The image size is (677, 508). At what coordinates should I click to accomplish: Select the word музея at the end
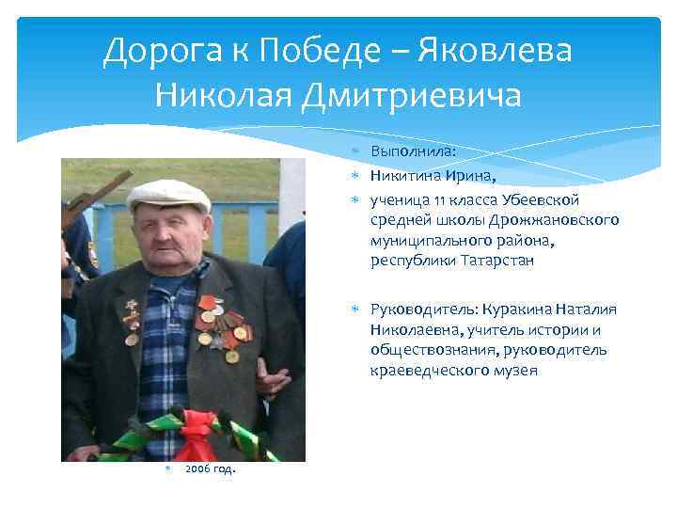point(516,371)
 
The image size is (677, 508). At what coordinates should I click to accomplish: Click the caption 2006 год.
point(210,469)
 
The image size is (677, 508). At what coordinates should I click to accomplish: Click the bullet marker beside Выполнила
point(358,151)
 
